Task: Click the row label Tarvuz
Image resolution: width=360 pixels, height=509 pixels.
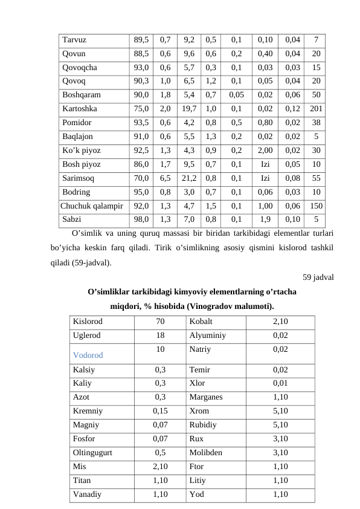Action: pyautogui.click(x=74, y=40)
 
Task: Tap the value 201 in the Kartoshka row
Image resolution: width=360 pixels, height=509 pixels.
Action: pyautogui.click(x=316, y=109)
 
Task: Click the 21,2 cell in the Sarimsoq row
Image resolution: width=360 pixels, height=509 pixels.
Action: pyautogui.click(x=188, y=178)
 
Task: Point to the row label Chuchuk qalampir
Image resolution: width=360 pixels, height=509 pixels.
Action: pyautogui.click(x=92, y=206)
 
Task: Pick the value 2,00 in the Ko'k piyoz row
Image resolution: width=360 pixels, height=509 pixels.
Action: pyautogui.click(x=265, y=151)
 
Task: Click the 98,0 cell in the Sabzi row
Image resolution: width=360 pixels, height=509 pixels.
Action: pyautogui.click(x=142, y=219)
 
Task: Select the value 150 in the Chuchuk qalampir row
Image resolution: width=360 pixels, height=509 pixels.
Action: pyautogui.click(x=316, y=206)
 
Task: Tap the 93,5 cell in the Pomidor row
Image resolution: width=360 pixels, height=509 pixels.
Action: pyautogui.click(x=142, y=123)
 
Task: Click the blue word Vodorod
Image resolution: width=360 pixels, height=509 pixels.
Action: pyautogui.click(x=88, y=355)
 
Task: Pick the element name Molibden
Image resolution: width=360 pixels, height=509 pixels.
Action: pyautogui.click(x=206, y=452)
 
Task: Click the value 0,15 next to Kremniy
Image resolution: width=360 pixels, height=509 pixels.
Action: pyautogui.click(x=160, y=410)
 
